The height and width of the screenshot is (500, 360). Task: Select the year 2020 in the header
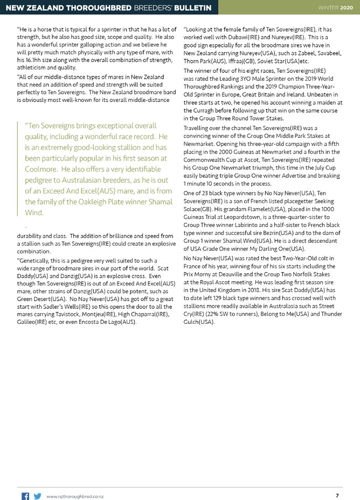tap(347, 6)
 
